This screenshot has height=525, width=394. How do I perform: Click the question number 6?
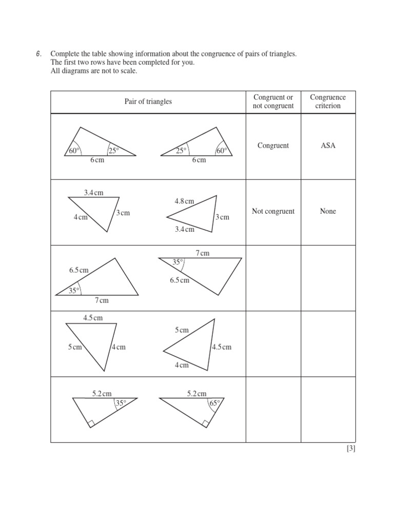pos(38,54)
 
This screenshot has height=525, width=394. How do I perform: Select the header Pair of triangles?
pos(148,102)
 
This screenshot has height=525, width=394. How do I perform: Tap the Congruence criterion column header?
pos(327,102)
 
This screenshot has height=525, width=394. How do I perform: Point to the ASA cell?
pos(327,146)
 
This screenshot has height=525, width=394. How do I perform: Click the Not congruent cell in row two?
pos(273,211)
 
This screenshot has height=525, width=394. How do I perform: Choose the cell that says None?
pos(327,211)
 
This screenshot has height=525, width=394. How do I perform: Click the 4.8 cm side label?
pos(184,201)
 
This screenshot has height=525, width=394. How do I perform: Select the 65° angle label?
pos(214,403)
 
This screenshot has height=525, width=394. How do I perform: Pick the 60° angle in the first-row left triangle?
pos(74,151)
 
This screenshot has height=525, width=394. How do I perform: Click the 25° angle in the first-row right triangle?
pos(181,151)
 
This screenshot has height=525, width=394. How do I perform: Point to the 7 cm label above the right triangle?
pos(202,253)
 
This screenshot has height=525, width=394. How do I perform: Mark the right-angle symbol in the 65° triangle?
pos(205,423)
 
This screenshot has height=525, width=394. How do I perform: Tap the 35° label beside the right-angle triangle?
pos(121,403)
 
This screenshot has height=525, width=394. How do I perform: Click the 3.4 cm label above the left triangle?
pos(93,193)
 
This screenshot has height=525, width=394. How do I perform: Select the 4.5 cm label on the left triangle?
pos(92,318)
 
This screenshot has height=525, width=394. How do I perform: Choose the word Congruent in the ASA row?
pos(273,146)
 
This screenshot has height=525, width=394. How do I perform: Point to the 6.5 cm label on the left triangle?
pos(79,270)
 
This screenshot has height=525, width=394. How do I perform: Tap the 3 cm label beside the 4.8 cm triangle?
pos(222,217)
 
